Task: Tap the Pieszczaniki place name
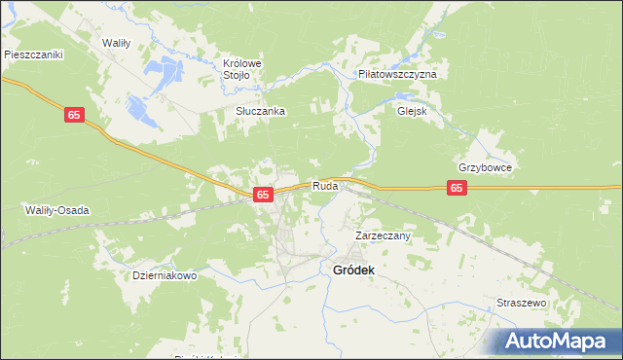pyautogui.click(x=33, y=55)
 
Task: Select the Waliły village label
pyautogui.click(x=123, y=43)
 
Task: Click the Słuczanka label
pyautogui.click(x=260, y=111)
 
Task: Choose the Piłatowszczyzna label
pyautogui.click(x=397, y=74)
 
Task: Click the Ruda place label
pyautogui.click(x=324, y=186)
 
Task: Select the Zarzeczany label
pyautogui.click(x=383, y=235)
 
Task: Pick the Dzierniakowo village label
pyautogui.click(x=165, y=275)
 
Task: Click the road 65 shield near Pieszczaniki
pyautogui.click(x=75, y=116)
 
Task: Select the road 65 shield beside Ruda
pyautogui.click(x=263, y=195)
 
